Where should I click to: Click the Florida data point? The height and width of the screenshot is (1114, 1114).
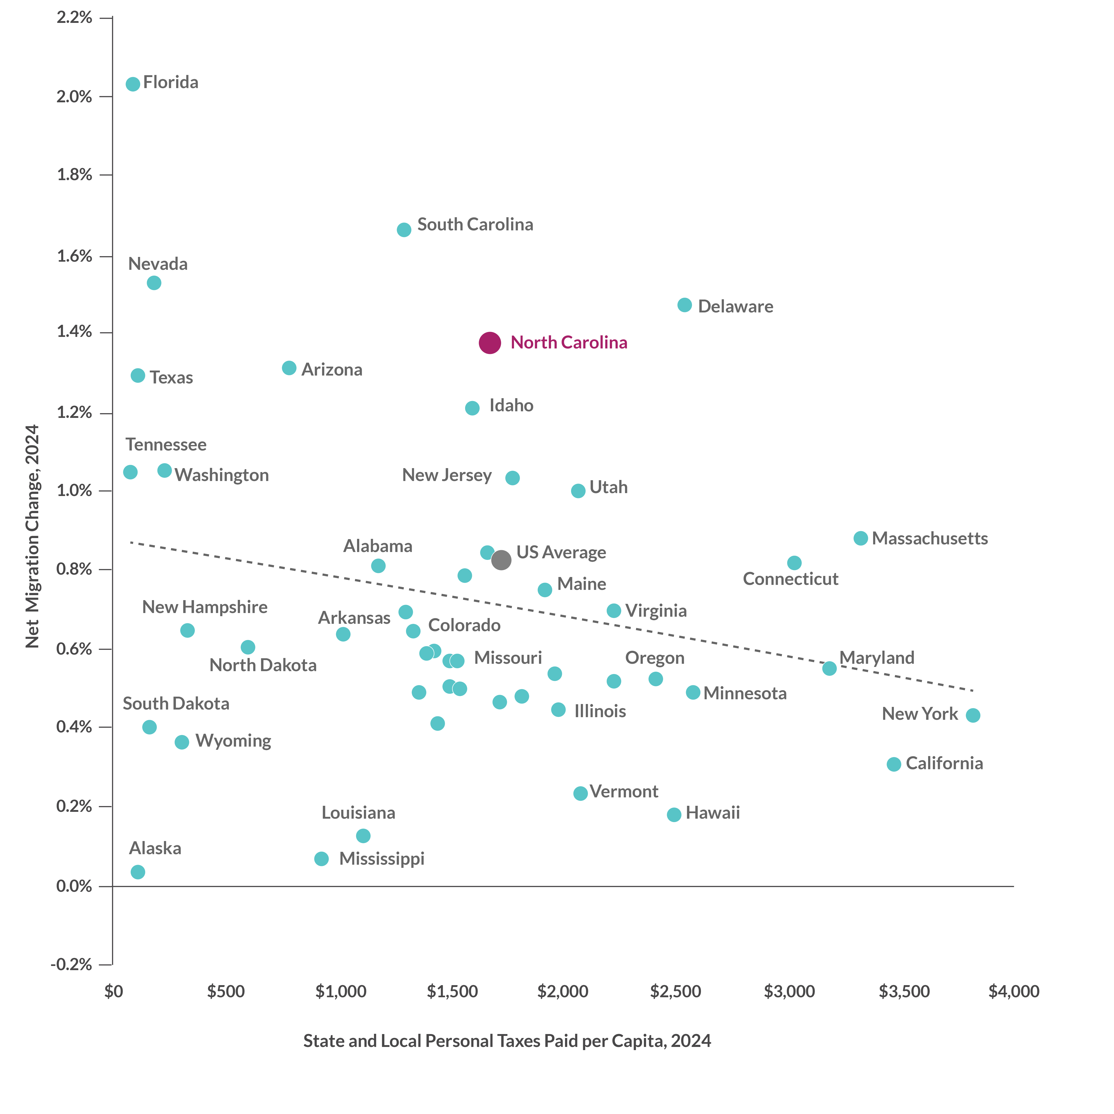point(133,84)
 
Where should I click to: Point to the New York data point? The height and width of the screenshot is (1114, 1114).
point(973,716)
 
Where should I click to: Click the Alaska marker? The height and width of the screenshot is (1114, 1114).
point(138,872)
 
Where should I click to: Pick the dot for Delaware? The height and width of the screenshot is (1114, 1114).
point(684,305)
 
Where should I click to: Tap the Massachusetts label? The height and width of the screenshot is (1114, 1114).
point(929,539)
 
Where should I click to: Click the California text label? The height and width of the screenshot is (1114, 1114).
point(944,763)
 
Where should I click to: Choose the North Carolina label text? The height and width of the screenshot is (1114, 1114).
point(568,342)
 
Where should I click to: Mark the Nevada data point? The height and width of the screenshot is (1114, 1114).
point(154,283)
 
